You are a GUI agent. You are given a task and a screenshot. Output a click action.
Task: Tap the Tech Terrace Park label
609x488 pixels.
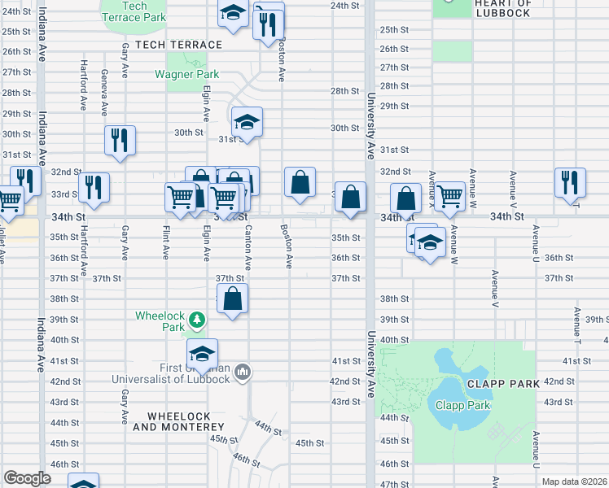(x=134, y=11)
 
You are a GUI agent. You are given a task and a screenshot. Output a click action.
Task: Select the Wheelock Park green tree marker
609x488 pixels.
(x=195, y=316)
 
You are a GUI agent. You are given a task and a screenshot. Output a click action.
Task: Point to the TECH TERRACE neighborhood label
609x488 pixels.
(x=178, y=45)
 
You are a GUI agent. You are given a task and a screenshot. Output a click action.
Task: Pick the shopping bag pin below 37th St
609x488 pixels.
(x=233, y=298)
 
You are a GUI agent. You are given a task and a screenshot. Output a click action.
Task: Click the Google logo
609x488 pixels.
(x=27, y=479)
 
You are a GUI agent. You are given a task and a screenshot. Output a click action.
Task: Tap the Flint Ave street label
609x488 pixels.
(x=166, y=242)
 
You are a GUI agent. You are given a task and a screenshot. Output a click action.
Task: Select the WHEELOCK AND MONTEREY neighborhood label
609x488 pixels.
(x=172, y=421)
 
